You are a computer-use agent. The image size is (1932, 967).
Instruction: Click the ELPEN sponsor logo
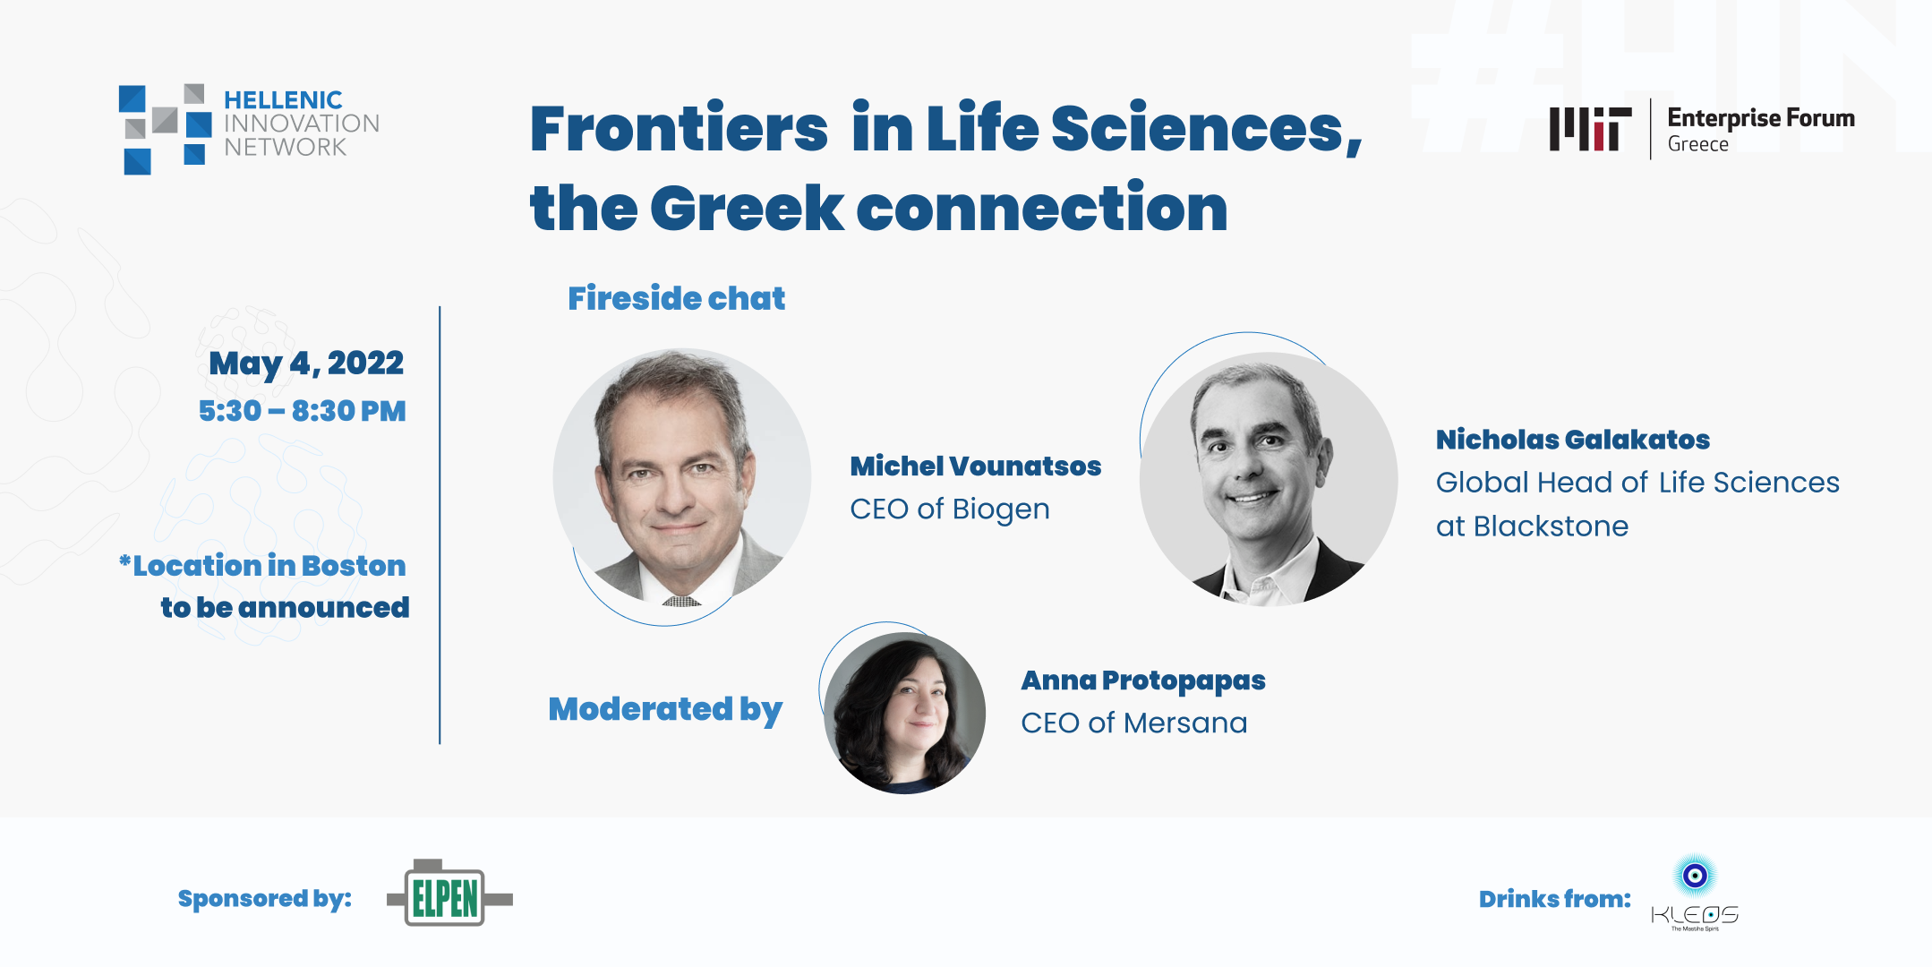point(448,895)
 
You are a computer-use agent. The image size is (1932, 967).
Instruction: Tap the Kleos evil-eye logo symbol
point(1695,875)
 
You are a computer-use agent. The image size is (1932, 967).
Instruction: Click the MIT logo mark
point(1590,129)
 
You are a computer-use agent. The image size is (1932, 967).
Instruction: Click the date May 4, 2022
point(306,364)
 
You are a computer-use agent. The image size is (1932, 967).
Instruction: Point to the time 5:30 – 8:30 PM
point(303,411)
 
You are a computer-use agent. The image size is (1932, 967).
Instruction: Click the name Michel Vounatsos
point(975,466)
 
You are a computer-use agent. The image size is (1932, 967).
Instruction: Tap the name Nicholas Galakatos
point(1572,440)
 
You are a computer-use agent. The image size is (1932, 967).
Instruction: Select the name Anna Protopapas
point(1142,680)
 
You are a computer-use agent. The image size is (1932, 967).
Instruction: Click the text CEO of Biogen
point(949,509)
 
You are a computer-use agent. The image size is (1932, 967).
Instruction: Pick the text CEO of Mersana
point(1133,723)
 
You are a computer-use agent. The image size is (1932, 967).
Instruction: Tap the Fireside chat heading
point(676,298)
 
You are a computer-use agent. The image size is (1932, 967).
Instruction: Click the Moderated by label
point(665,709)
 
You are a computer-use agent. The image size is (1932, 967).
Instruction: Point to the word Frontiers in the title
point(679,129)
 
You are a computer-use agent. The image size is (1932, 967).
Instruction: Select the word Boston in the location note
point(354,566)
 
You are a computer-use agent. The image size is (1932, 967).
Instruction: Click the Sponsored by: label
point(264,898)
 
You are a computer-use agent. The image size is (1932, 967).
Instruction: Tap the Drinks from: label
point(1554,899)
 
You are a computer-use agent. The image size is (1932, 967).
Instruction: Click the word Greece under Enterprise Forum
point(1697,145)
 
